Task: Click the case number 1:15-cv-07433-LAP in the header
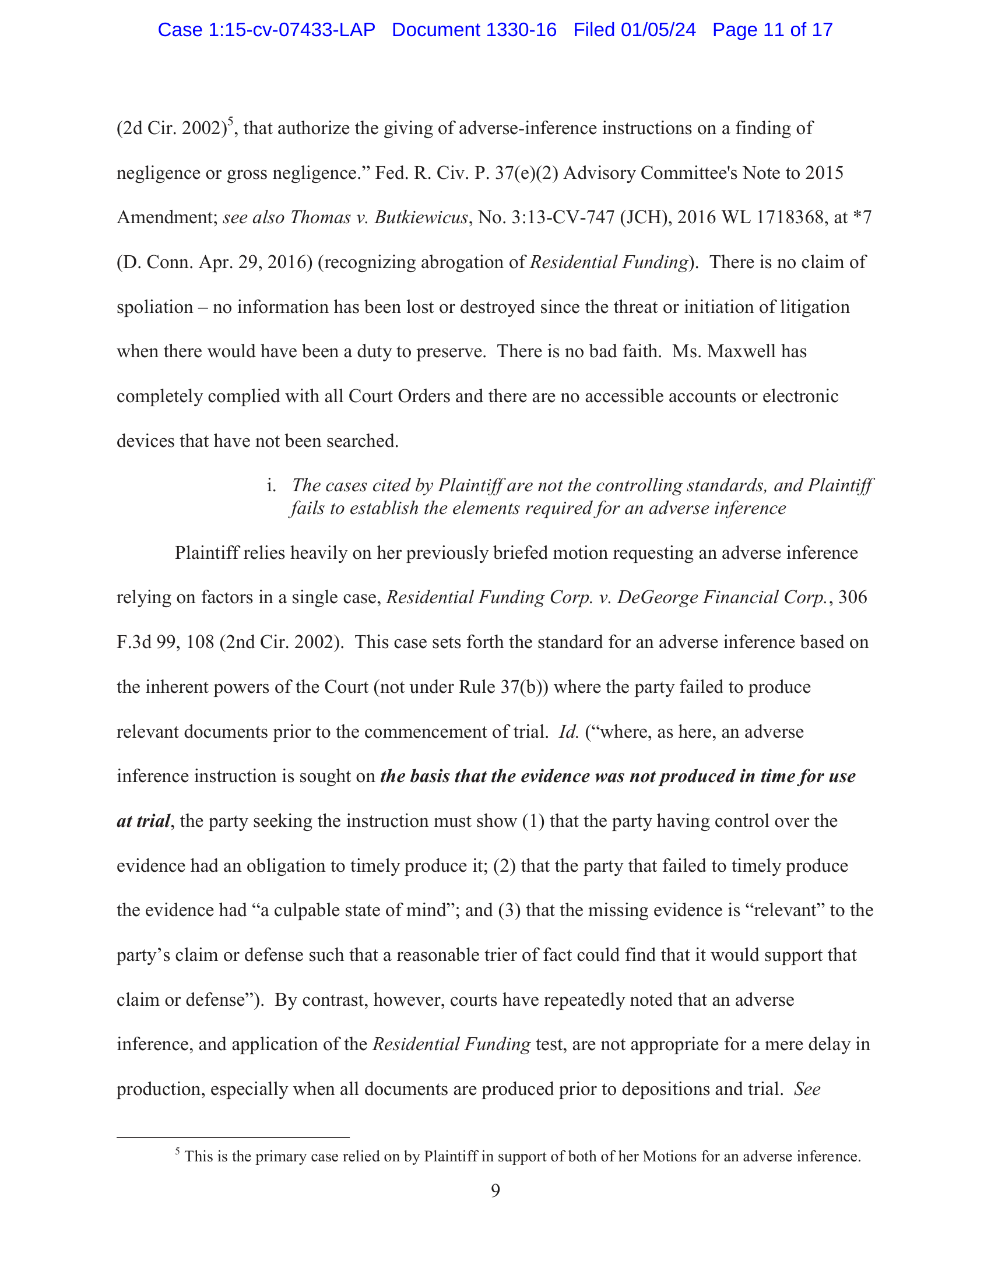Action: point(291,30)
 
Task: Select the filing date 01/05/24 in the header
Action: point(658,30)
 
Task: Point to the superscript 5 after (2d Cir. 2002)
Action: point(231,122)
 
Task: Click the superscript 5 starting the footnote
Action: point(177,1151)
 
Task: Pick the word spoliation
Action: point(155,307)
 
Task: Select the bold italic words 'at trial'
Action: point(143,821)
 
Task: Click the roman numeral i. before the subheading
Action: point(271,485)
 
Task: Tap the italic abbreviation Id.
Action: point(568,732)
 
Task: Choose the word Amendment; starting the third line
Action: point(167,218)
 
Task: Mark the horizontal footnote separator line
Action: point(233,1137)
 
